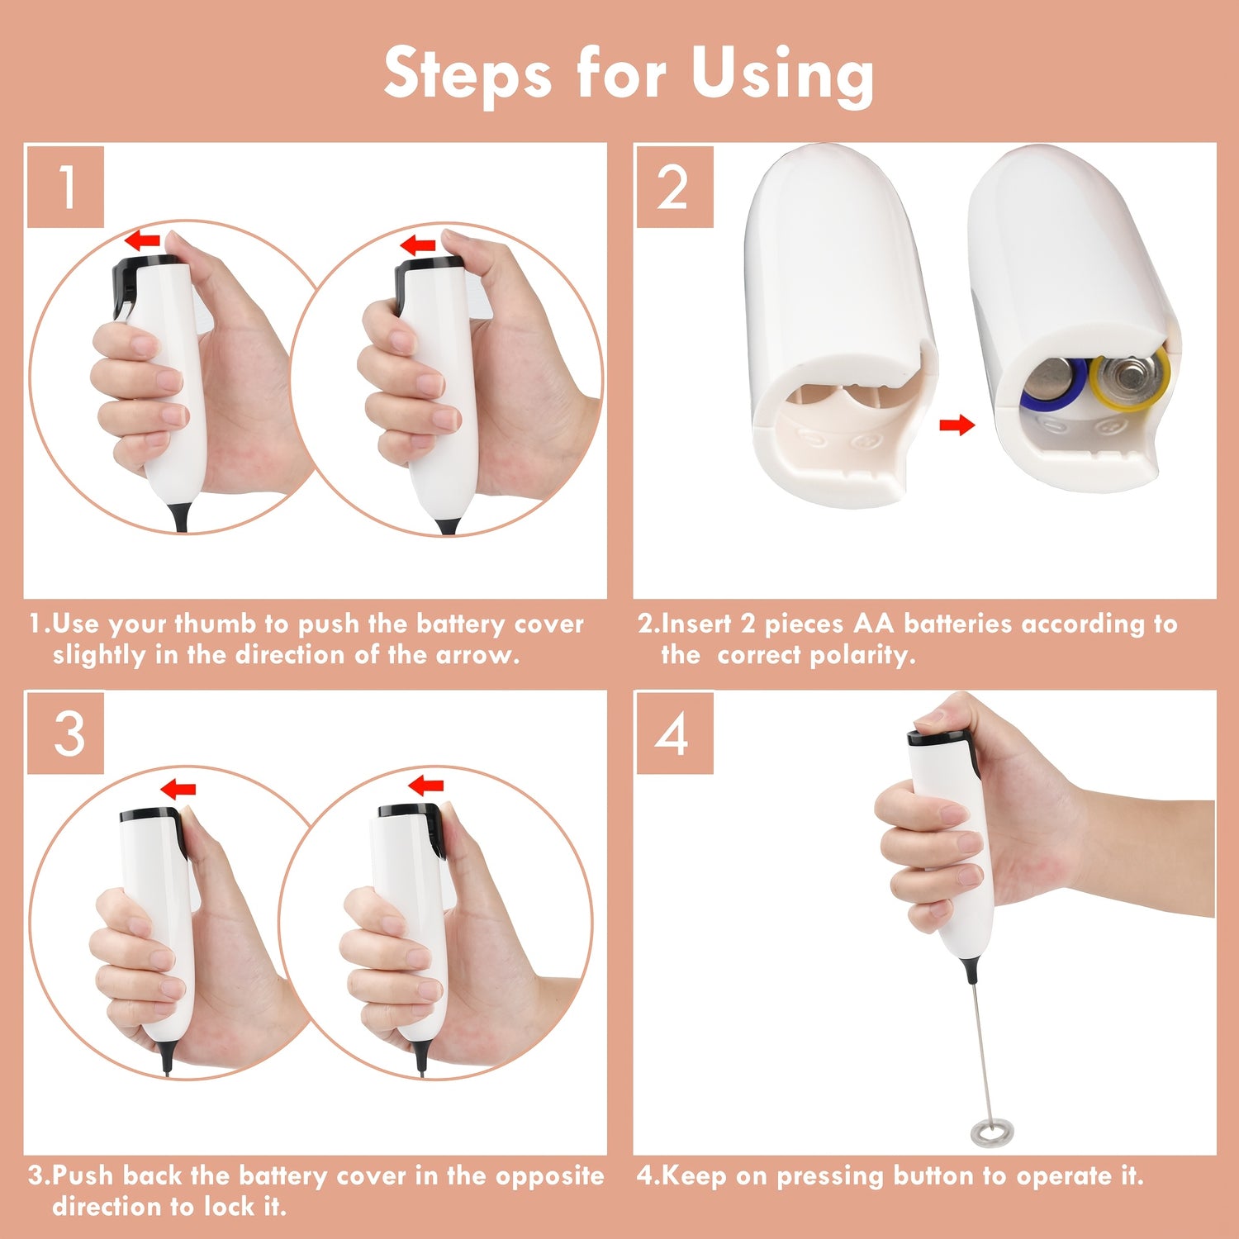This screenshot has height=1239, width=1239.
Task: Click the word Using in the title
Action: (782, 74)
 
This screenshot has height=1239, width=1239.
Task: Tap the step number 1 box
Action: (65, 186)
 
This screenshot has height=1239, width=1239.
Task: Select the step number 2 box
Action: (674, 186)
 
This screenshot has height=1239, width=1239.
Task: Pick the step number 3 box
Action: (65, 733)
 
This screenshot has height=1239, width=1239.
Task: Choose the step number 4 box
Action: (674, 733)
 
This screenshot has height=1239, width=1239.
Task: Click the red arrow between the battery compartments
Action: (957, 425)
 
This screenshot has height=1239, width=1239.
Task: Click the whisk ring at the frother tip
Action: (991, 1132)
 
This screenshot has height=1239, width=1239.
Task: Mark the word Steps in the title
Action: (468, 74)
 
